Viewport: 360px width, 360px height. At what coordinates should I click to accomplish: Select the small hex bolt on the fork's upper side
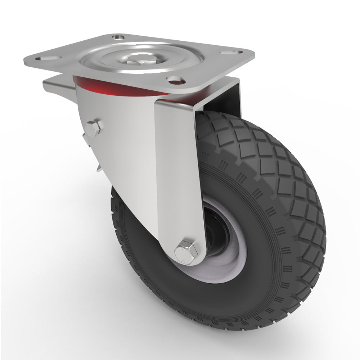coord(93,129)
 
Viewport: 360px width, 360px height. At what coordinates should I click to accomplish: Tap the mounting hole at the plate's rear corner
coord(118,37)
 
